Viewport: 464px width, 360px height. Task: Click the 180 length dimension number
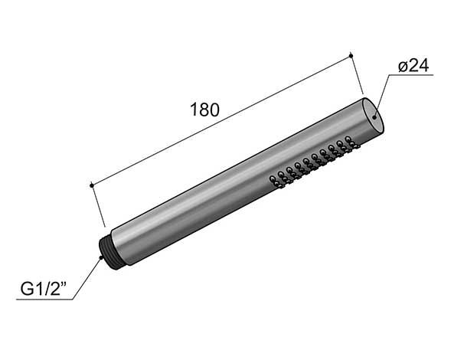click(x=204, y=110)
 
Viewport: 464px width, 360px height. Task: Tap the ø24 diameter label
click(x=413, y=66)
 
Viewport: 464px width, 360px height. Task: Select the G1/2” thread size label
click(x=44, y=289)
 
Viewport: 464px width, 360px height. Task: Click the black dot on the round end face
click(x=374, y=117)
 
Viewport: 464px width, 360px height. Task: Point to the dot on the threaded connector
click(x=102, y=258)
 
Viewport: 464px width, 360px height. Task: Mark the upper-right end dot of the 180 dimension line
click(x=351, y=55)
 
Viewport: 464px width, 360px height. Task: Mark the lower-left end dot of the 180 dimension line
click(x=92, y=185)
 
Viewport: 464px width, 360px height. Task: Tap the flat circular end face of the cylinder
click(x=374, y=116)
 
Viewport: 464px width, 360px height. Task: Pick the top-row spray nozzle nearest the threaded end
click(x=272, y=178)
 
